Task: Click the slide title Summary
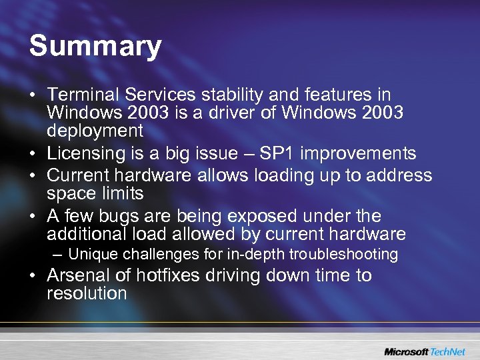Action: pyautogui.click(x=95, y=46)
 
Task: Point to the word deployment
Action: pyautogui.click(x=95, y=130)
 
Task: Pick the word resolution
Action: pyautogui.click(x=87, y=293)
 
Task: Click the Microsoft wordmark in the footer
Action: pyautogui.click(x=406, y=351)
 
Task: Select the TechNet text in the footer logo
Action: pyautogui.click(x=449, y=351)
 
